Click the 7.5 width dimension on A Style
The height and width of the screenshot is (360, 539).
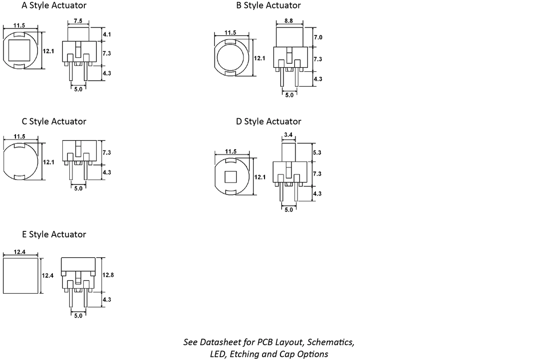[78, 20]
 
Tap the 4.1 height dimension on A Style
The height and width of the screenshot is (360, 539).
[107, 34]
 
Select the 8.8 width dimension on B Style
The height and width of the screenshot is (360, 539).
[289, 20]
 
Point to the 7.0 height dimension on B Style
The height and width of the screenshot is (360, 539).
[318, 37]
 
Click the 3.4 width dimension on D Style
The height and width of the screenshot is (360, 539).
[288, 135]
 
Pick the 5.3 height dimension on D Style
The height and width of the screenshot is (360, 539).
[317, 153]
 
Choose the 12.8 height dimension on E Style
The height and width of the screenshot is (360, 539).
[108, 275]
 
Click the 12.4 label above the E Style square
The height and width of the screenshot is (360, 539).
[19, 252]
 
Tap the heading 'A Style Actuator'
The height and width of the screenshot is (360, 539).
[54, 5]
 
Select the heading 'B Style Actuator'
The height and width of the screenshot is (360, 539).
[269, 5]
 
